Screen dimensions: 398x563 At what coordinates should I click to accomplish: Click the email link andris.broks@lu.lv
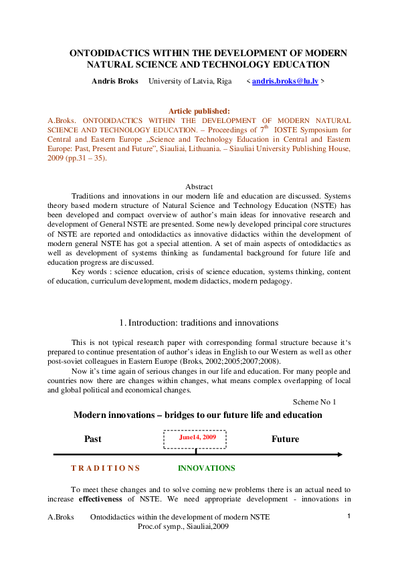pyautogui.click(x=286, y=81)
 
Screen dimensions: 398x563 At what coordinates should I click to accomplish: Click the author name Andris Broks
pyautogui.click(x=114, y=81)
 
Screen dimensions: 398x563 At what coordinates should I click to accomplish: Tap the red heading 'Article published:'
pyautogui.click(x=199, y=111)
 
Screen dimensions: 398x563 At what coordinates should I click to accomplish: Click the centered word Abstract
pyautogui.click(x=198, y=187)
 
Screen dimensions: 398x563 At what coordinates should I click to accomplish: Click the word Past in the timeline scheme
pyautogui.click(x=93, y=439)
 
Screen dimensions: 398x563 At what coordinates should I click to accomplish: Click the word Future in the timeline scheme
pyautogui.click(x=285, y=439)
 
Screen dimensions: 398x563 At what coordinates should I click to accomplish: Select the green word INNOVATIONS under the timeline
pyautogui.click(x=207, y=468)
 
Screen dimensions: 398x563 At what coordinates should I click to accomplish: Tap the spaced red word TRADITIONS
pyautogui.click(x=105, y=468)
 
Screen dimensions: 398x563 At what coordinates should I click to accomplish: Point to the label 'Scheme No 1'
pyautogui.click(x=314, y=402)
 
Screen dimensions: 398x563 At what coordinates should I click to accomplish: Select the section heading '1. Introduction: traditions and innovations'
pyautogui.click(x=198, y=323)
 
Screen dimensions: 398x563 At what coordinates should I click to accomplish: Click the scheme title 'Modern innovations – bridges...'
pyautogui.click(x=197, y=415)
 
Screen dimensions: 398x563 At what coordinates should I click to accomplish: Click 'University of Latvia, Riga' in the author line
pyautogui.click(x=189, y=81)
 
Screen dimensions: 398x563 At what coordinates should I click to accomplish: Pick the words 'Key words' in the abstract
pyautogui.click(x=90, y=273)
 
